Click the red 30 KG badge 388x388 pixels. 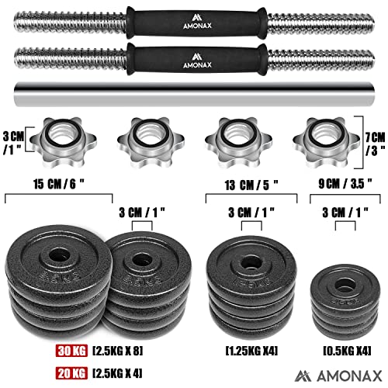(x=71, y=351)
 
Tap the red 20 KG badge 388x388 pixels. (x=71, y=373)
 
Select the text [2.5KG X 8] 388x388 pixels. (x=118, y=351)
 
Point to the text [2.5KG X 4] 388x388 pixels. (x=117, y=373)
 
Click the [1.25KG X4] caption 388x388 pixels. (x=251, y=351)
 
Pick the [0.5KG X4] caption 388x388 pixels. (x=348, y=351)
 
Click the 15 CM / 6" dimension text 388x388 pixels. (x=59, y=184)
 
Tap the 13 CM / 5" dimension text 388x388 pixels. (x=251, y=185)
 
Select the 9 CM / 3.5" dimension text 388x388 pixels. (x=345, y=183)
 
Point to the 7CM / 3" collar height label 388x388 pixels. (x=376, y=144)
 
